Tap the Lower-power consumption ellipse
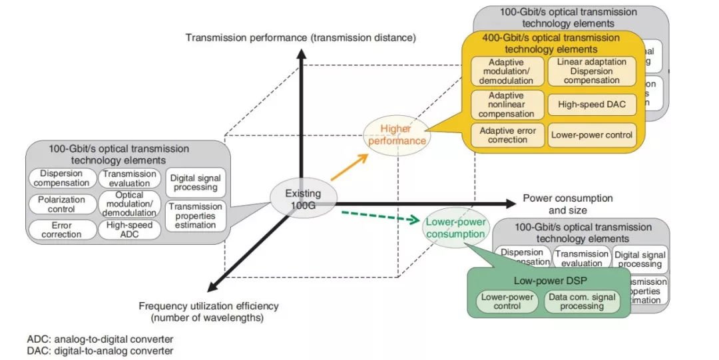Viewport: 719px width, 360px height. click(x=455, y=228)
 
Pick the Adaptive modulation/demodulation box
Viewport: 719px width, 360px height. click(x=506, y=71)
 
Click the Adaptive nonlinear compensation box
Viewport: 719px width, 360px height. click(x=506, y=104)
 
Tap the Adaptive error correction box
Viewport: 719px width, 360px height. click(x=507, y=135)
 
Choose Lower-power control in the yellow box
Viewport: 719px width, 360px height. click(x=591, y=135)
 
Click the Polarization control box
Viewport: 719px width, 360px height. click(x=61, y=204)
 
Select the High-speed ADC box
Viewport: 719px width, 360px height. click(x=129, y=230)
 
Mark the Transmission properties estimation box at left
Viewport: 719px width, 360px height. click(x=196, y=216)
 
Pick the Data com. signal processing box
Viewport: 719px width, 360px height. click(x=582, y=301)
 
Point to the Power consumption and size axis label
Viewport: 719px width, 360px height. click(x=567, y=204)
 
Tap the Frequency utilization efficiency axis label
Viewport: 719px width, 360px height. click(x=208, y=311)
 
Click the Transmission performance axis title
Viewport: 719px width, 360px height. click(x=300, y=38)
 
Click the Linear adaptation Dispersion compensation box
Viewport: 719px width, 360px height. click(x=591, y=71)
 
